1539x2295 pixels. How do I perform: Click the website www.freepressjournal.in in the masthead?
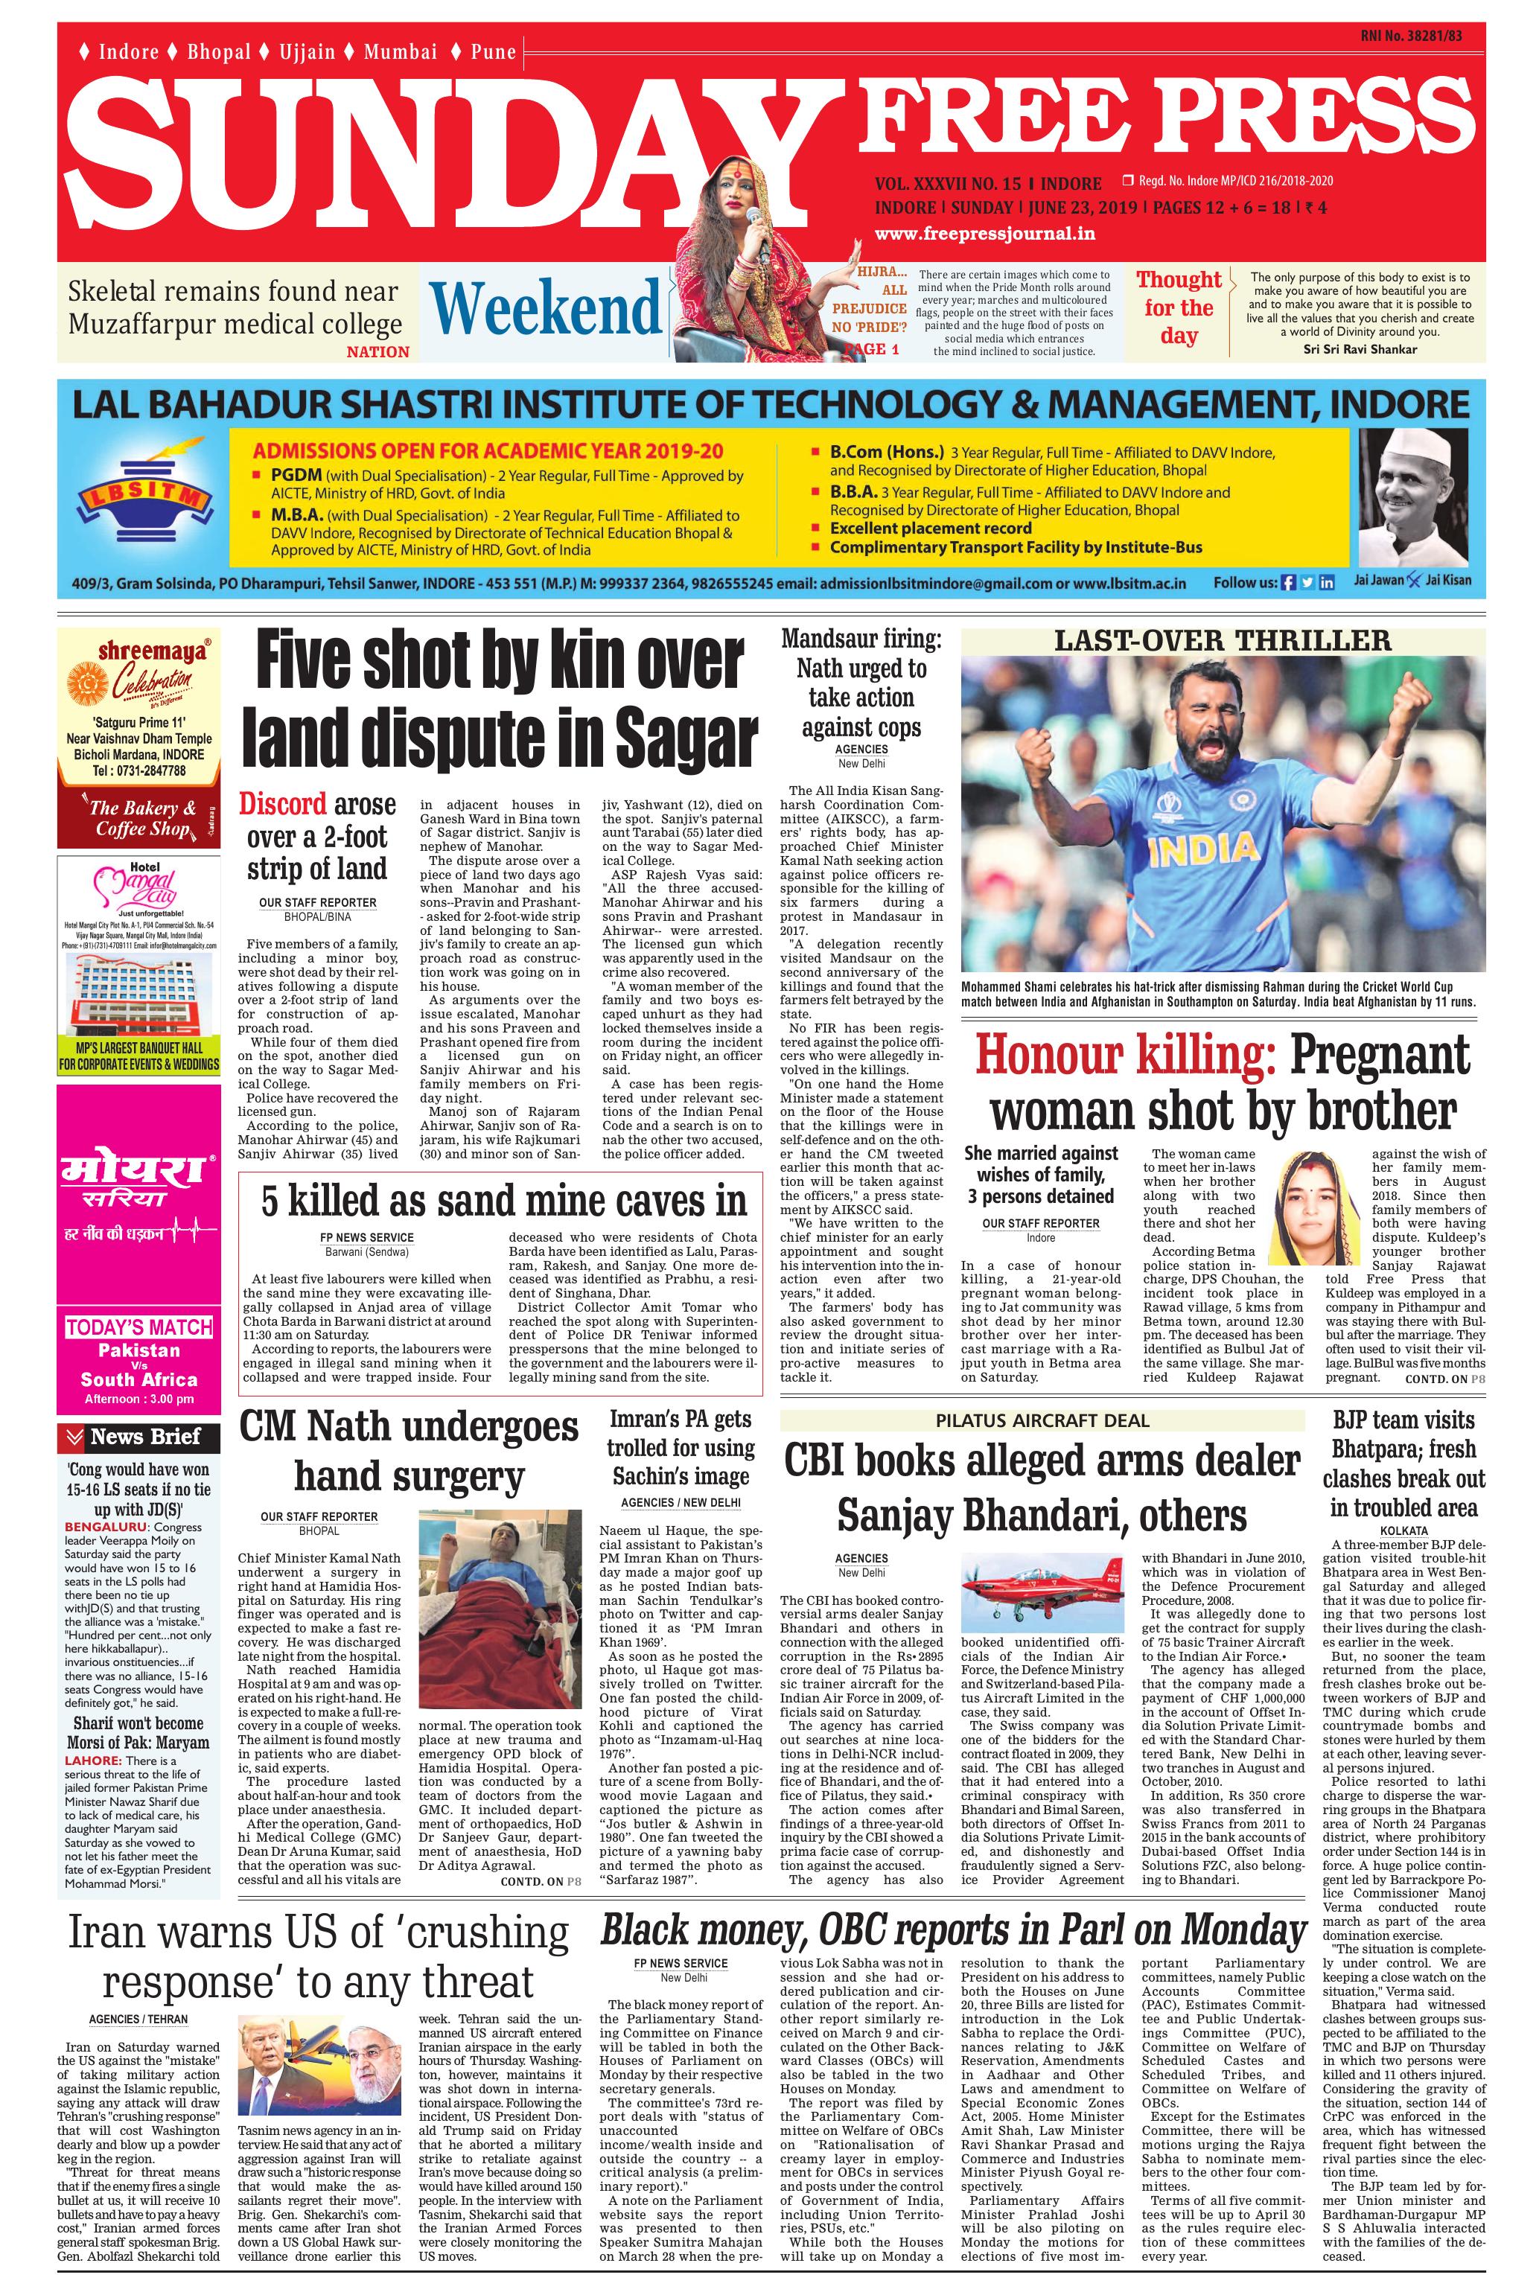pyautogui.click(x=984, y=234)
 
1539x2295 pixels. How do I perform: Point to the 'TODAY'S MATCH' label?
pyautogui.click(x=139, y=1327)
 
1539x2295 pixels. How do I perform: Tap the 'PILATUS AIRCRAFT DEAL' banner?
pyautogui.click(x=1042, y=1420)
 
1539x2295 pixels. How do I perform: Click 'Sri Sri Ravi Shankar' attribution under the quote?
pyautogui.click(x=1360, y=348)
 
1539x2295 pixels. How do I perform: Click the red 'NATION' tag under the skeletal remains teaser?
pyautogui.click(x=378, y=351)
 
